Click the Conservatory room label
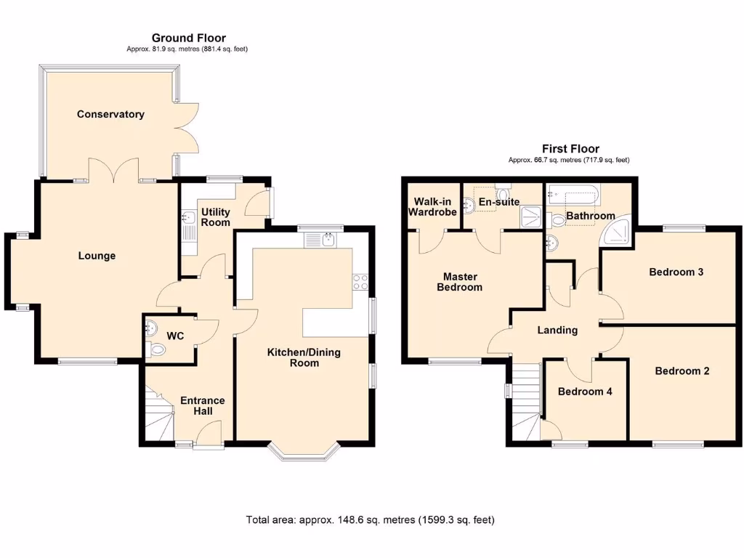point(110,114)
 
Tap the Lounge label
point(97,256)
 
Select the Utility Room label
point(215,217)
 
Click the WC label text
point(175,336)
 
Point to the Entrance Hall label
point(202,405)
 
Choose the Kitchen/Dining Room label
point(304,357)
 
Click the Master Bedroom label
point(459,281)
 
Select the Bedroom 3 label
point(676,272)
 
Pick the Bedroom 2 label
point(682,371)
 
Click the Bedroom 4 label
point(585,391)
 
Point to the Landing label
point(557,330)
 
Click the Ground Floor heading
point(188,38)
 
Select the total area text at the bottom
point(371,520)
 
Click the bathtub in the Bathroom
point(572,195)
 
